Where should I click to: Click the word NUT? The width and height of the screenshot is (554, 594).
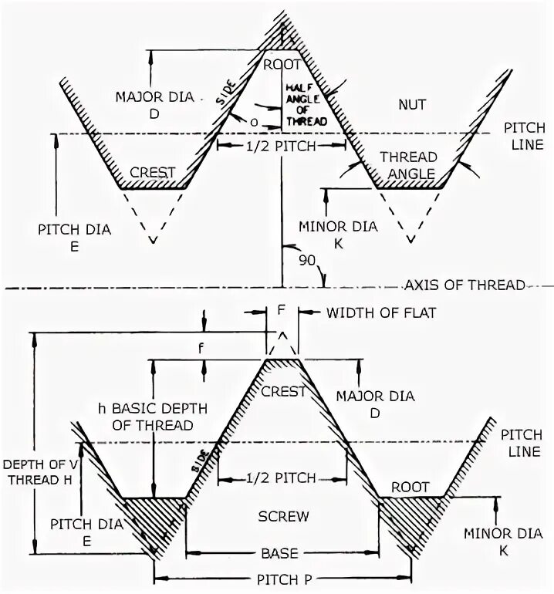point(414,103)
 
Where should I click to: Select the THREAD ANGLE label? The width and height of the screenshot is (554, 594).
point(407,165)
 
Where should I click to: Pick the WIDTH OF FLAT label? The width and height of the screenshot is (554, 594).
point(367,312)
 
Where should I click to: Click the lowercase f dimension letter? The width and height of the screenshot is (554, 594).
point(202,347)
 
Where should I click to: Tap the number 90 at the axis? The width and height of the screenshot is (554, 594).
point(306,261)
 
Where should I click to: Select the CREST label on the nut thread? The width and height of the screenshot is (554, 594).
point(153,172)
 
